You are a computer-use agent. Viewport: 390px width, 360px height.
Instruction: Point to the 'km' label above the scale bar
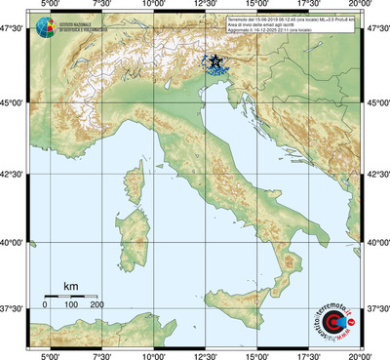pos(70,286)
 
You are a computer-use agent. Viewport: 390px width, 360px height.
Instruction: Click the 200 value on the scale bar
pos(97,305)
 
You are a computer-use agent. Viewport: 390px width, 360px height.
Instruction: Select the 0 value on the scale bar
pos(45,305)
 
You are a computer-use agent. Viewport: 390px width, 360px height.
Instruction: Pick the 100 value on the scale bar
pos(71,305)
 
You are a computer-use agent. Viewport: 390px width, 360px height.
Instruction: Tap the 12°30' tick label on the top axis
pos(205,6)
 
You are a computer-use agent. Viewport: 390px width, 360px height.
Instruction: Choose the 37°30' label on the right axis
pos(377,309)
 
